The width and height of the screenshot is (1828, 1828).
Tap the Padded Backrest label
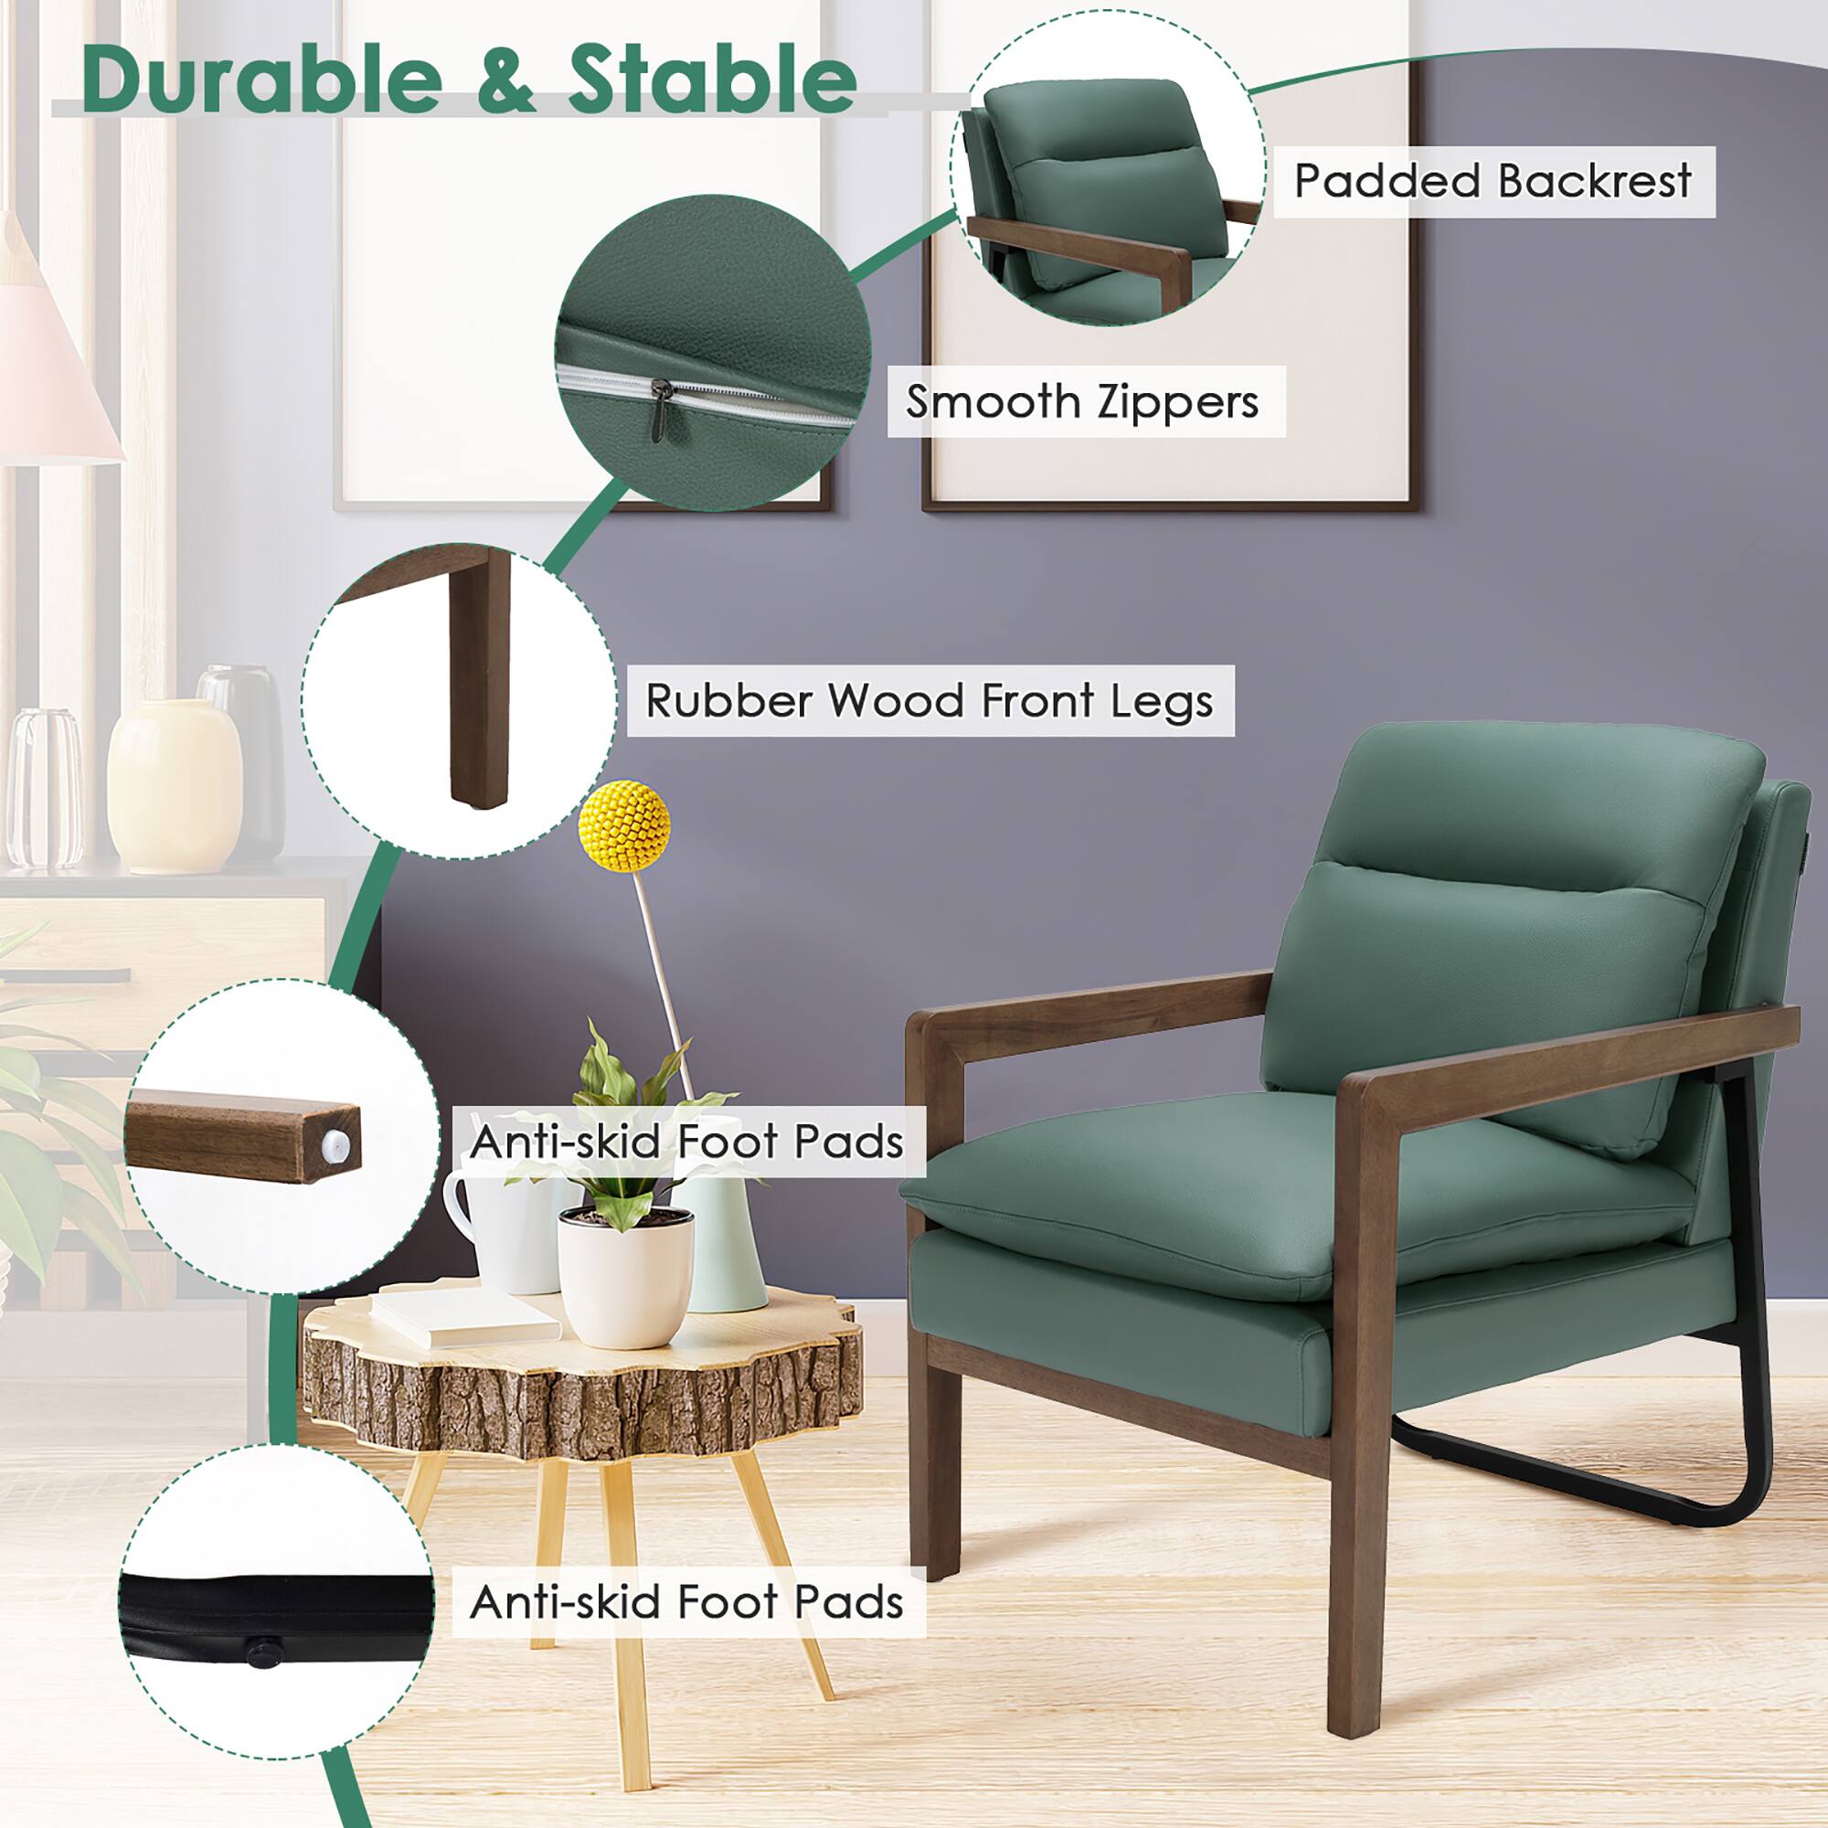point(1493,181)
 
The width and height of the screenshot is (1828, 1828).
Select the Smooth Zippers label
point(1082,402)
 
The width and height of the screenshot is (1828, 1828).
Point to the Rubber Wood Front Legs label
point(930,701)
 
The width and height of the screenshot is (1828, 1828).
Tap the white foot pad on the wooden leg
point(338,1146)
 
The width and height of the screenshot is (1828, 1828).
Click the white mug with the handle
point(502,1230)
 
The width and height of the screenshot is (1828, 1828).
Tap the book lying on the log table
point(463,1315)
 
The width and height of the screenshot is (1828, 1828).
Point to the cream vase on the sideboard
point(175,785)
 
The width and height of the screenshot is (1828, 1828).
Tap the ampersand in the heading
point(506,81)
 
